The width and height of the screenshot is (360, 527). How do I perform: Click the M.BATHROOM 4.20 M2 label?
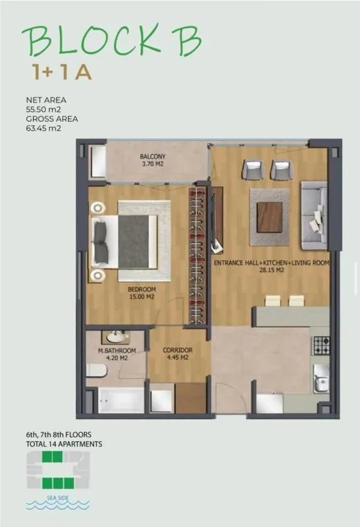click(x=116, y=355)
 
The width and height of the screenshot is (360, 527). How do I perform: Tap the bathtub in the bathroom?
click(x=121, y=401)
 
